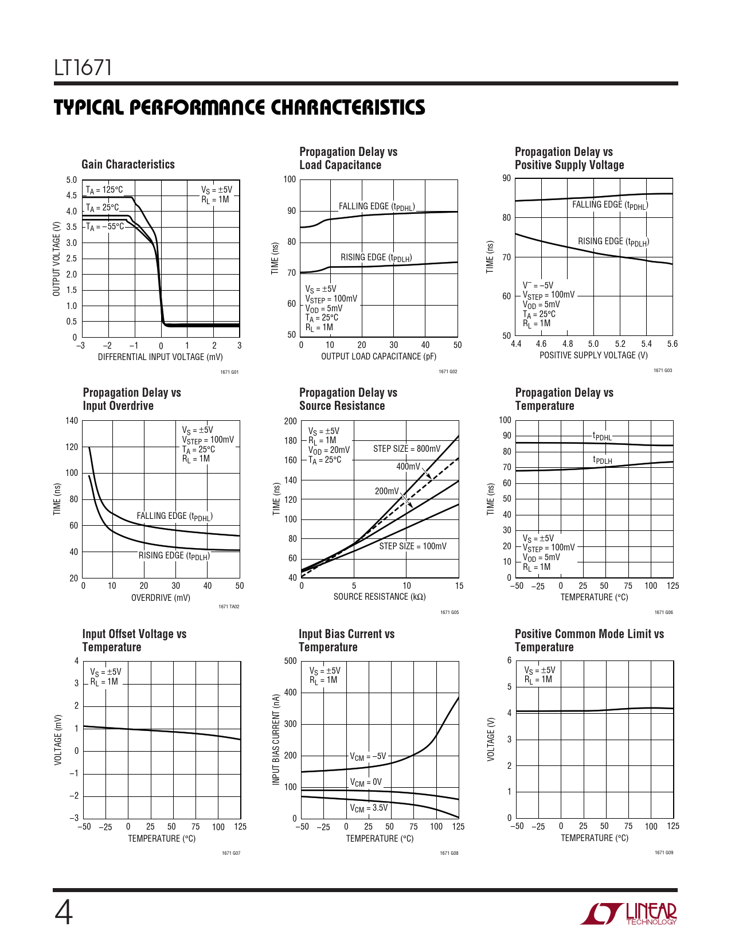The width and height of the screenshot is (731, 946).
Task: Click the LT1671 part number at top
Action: point(83,68)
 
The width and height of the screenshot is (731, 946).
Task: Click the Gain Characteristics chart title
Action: point(128,165)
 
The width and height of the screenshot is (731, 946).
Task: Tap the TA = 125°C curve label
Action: point(104,190)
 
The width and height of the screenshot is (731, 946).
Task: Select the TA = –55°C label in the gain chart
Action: point(105,226)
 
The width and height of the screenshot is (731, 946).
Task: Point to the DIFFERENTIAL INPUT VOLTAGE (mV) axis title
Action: point(160,357)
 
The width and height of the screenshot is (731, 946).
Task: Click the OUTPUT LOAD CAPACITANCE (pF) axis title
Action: point(378,357)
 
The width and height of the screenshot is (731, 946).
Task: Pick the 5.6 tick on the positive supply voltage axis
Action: point(672,344)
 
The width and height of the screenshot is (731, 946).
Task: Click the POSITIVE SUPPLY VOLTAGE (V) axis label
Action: point(593,355)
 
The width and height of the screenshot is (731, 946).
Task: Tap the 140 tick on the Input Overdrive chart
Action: point(72,421)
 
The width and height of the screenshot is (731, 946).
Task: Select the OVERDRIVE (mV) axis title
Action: point(161,598)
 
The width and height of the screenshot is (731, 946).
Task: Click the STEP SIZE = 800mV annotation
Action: point(406,449)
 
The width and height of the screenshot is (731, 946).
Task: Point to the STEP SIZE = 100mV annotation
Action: point(412,546)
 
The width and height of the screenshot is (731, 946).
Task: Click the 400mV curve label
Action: point(408,467)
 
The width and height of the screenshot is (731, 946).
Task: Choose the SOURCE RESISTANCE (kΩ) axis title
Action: point(379,597)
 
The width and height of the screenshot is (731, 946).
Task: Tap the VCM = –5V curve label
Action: point(368,756)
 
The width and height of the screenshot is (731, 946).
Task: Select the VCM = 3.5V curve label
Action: point(369,808)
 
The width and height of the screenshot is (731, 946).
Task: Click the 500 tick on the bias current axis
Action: point(291,661)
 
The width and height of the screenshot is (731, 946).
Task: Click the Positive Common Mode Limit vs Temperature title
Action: point(589,640)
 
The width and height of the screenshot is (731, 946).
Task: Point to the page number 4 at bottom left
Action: point(64,913)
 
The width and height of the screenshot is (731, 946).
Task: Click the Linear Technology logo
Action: point(628,913)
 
